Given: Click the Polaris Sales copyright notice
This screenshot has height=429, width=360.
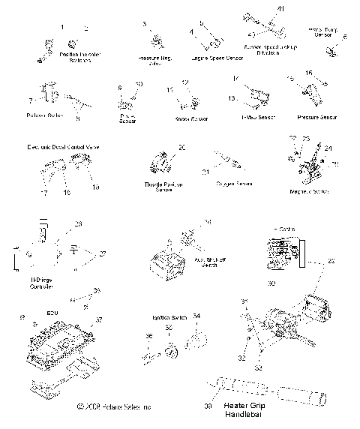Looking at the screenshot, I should coord(114,406).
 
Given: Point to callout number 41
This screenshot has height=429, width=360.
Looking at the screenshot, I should coord(281,7).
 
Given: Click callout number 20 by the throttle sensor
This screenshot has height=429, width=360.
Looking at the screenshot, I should coord(181,148).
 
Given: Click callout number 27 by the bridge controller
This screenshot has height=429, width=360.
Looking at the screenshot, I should coord(103,253).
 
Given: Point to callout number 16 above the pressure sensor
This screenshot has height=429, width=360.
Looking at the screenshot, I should coord(308,73).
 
